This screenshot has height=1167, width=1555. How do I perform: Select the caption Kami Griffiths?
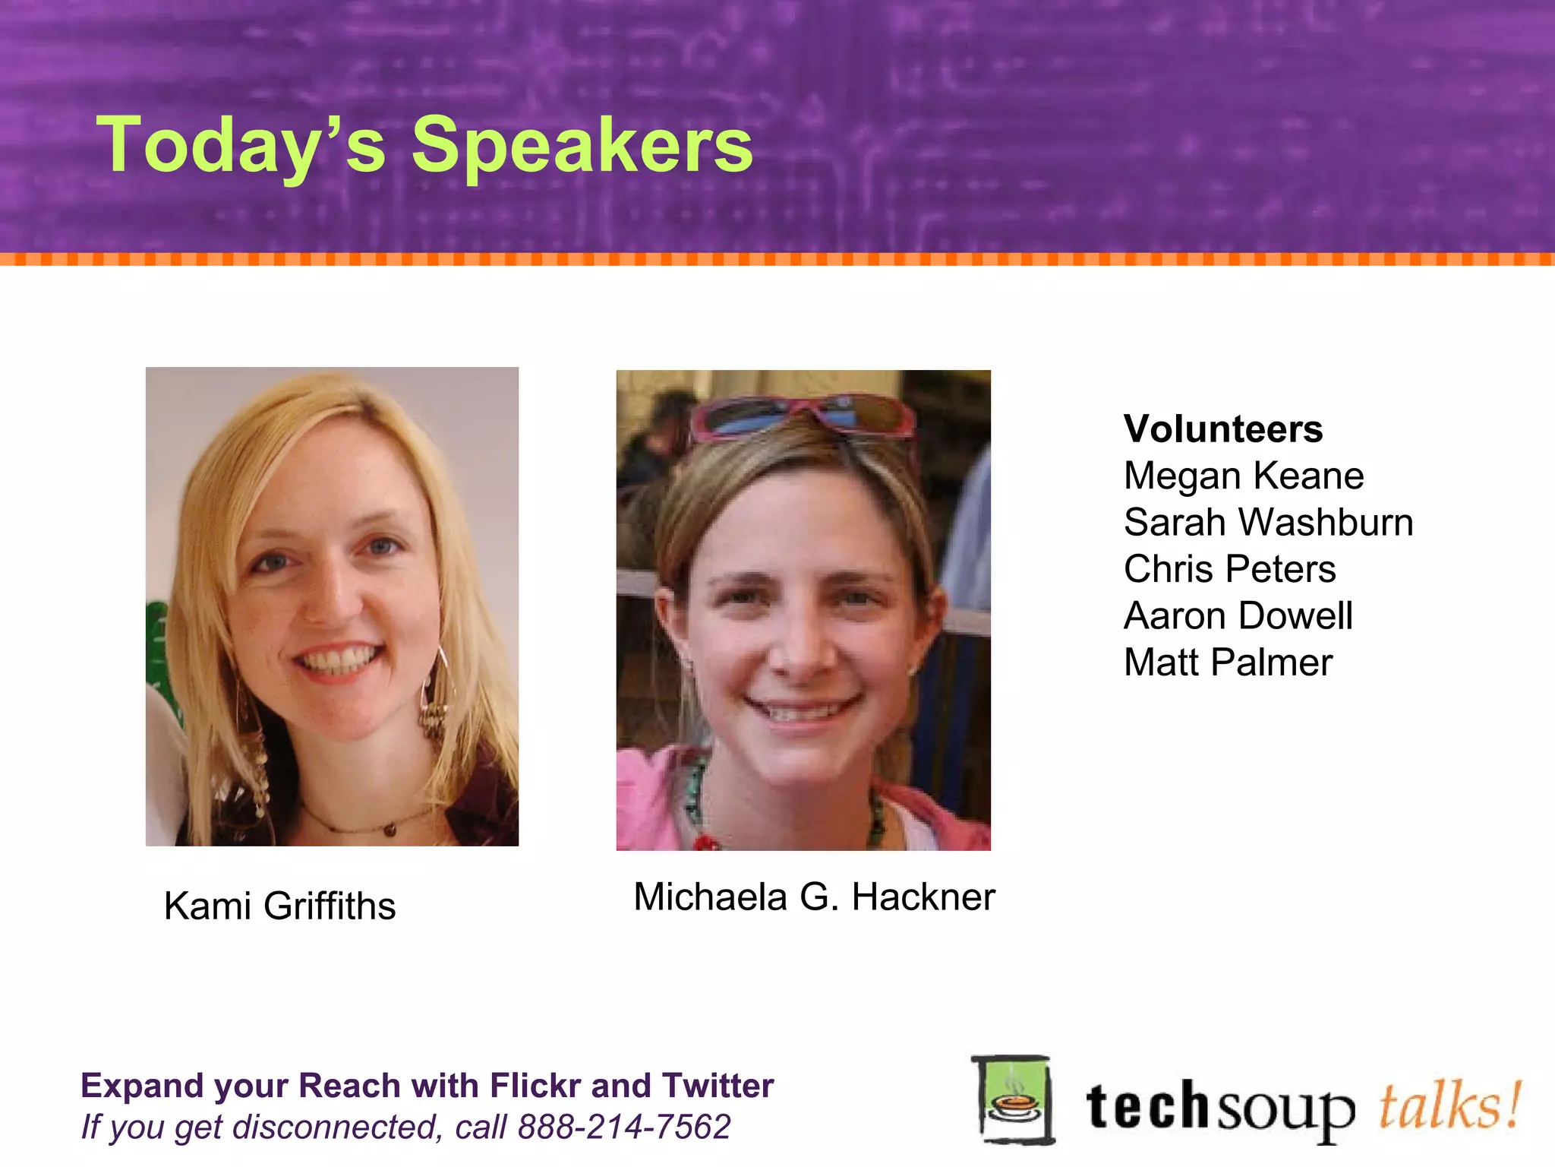coord(279,906)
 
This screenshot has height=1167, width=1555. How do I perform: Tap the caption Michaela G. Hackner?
coord(814,897)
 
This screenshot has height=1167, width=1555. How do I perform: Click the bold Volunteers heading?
coord(1223,429)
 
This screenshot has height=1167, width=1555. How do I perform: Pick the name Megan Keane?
coord(1244,476)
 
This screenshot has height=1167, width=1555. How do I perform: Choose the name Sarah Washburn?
coord(1268,523)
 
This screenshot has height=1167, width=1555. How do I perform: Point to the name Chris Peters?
coord(1229,569)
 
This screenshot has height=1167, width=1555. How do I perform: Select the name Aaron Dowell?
coord(1238,616)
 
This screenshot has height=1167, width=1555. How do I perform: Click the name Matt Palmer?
coord(1228,663)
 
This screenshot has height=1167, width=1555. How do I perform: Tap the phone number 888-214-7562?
coord(623,1127)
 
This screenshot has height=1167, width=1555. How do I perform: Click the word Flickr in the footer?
coord(535,1086)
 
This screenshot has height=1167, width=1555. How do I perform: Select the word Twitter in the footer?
coord(718,1086)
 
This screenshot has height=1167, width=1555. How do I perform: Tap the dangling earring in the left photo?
coord(435,699)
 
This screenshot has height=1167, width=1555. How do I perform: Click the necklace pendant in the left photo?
coord(390,830)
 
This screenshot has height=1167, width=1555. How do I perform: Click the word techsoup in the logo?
coord(1219,1108)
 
